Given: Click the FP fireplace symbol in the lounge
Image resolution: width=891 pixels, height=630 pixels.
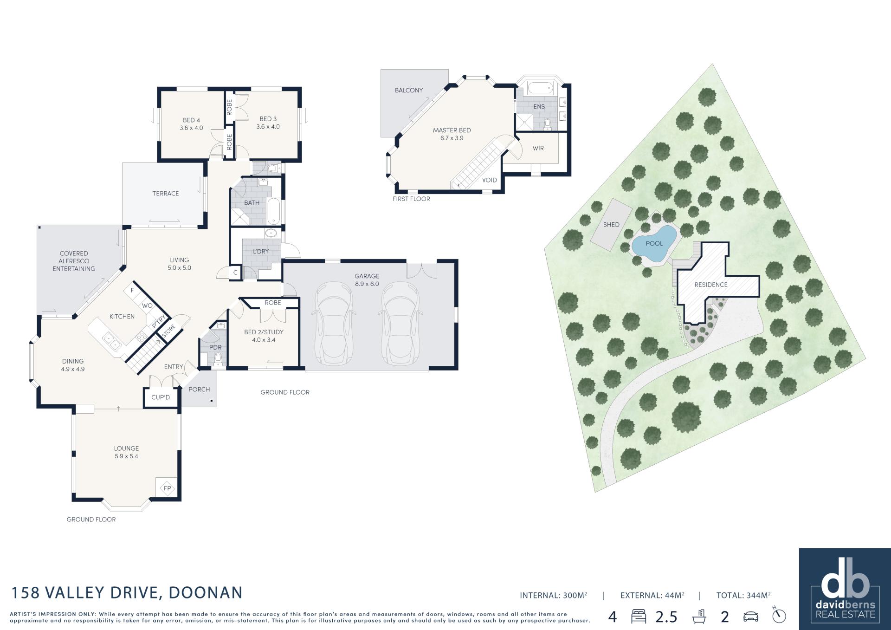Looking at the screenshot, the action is pyautogui.click(x=167, y=488).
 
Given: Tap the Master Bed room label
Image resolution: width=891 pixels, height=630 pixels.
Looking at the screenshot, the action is pyautogui.click(x=452, y=130).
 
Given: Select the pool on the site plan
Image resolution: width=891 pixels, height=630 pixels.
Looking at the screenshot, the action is pyautogui.click(x=653, y=244).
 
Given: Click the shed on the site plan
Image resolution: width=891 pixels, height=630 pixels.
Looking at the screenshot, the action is pyautogui.click(x=611, y=225).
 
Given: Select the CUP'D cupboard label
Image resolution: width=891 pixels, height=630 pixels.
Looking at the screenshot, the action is pyautogui.click(x=161, y=397).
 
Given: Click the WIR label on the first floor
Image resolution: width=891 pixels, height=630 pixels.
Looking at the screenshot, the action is pyautogui.click(x=538, y=149).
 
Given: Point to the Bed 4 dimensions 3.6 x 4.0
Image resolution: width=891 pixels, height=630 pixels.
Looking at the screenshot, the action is pyautogui.click(x=191, y=128).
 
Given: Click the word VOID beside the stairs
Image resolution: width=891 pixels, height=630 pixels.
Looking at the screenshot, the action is pyautogui.click(x=490, y=180).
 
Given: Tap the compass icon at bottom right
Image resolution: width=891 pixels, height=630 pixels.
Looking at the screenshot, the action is pyautogui.click(x=779, y=615).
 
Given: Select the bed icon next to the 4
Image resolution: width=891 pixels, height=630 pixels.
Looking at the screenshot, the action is pyautogui.click(x=639, y=617).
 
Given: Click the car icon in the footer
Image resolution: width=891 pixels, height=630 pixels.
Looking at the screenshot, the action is pyautogui.click(x=750, y=617).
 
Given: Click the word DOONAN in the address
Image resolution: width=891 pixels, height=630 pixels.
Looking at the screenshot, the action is pyautogui.click(x=206, y=593).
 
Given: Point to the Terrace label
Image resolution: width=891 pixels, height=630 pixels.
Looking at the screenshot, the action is pyautogui.click(x=166, y=194).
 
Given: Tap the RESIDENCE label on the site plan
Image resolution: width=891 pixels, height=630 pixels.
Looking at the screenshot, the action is pyautogui.click(x=711, y=285).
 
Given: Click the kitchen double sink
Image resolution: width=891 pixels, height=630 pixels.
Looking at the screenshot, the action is pyautogui.click(x=111, y=342).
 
